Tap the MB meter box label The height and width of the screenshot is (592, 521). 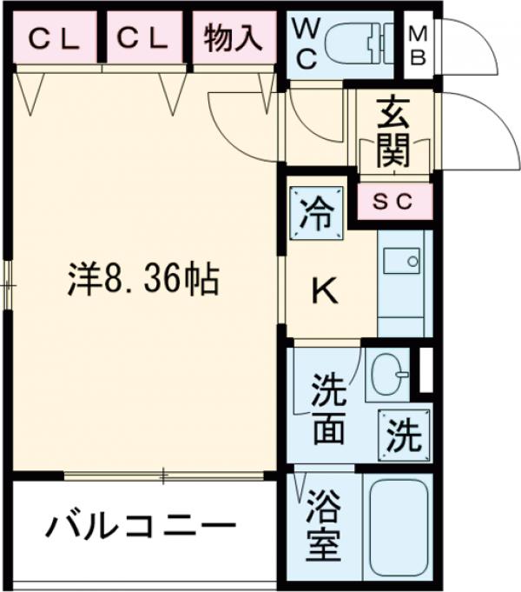pos(419,46)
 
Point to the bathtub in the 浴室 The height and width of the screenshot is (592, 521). pos(395,526)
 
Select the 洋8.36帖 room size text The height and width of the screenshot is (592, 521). pos(143,279)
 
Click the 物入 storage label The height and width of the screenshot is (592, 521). pos(233,39)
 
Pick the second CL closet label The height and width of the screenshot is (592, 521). pos(143,39)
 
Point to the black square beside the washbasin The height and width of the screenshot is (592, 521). pos(425,370)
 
